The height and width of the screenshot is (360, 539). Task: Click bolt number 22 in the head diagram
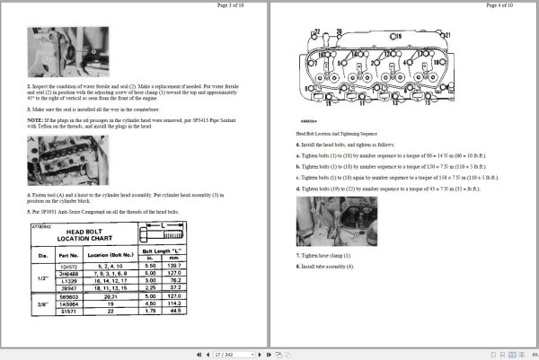click(x=318, y=32)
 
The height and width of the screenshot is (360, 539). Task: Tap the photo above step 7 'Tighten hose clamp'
click(x=336, y=222)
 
